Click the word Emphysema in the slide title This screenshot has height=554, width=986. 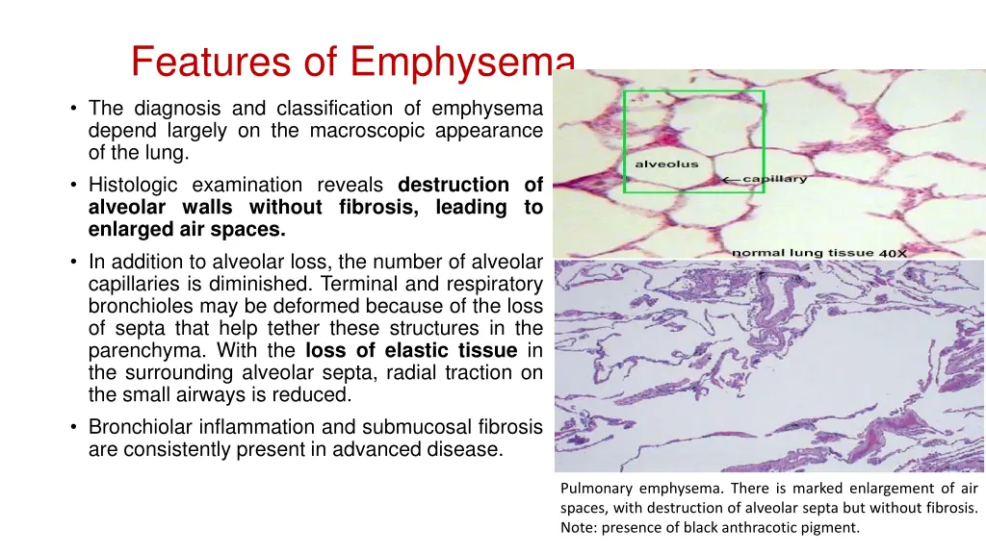(462, 63)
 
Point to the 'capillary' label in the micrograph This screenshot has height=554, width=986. (776, 179)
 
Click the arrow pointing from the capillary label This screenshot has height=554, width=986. (732, 180)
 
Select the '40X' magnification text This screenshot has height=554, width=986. (892, 254)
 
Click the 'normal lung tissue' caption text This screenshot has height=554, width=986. (802, 253)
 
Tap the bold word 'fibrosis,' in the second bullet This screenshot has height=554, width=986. (376, 207)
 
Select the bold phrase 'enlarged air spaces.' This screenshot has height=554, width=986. (187, 229)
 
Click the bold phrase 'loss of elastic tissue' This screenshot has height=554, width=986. (412, 350)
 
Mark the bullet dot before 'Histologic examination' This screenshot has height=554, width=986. (74, 185)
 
